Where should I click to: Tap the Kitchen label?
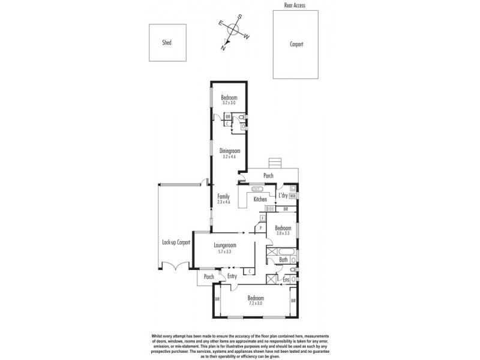click(x=260, y=199)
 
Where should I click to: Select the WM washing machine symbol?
click(x=293, y=196)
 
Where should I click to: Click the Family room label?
click(x=223, y=196)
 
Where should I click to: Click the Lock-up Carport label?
click(x=176, y=242)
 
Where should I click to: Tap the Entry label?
click(x=232, y=277)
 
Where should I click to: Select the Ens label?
click(x=286, y=280)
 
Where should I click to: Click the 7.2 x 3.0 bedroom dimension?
click(x=255, y=304)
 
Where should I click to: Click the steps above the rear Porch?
click(x=275, y=163)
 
